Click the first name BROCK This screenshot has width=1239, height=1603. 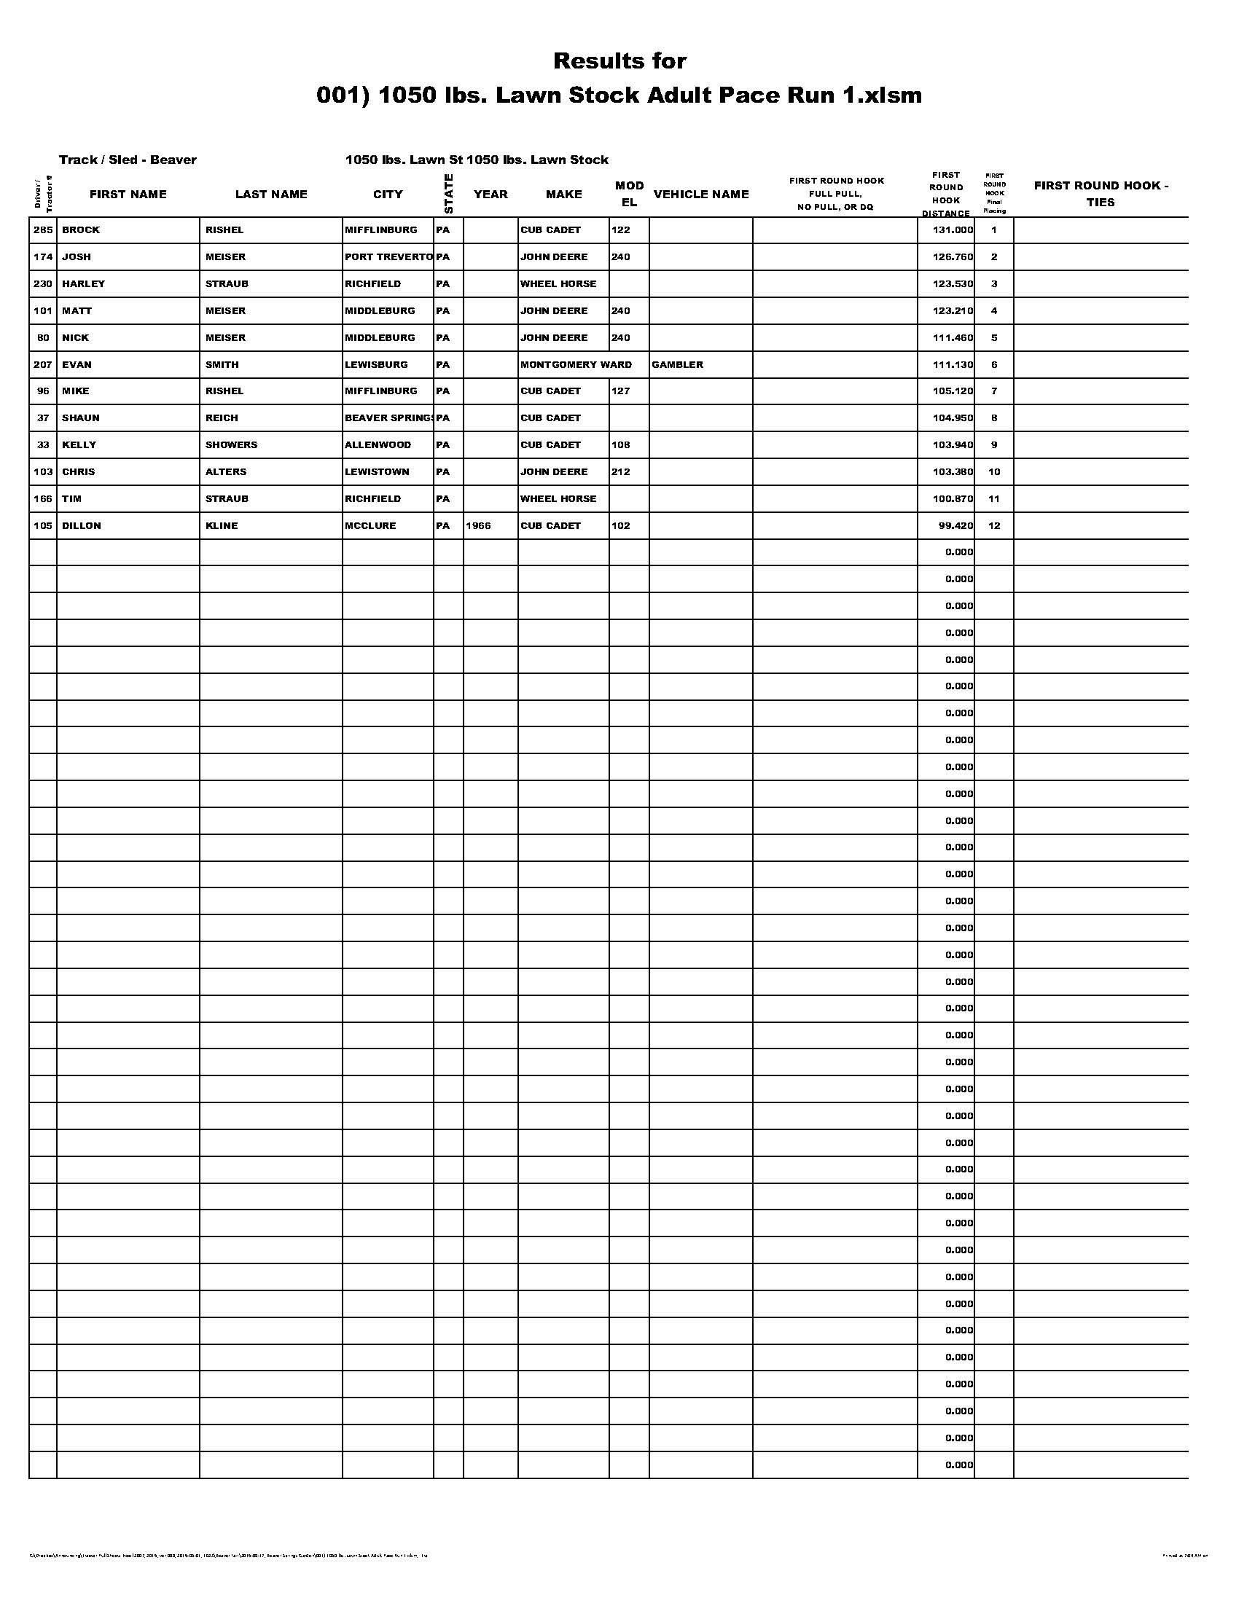tap(81, 230)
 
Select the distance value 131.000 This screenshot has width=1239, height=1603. tap(953, 230)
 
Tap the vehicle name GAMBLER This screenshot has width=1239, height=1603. tap(677, 365)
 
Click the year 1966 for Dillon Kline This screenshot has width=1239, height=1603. tap(478, 525)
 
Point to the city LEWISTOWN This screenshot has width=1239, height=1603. tap(377, 472)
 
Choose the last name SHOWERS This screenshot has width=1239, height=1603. tap(231, 444)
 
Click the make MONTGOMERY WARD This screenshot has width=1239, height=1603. tap(576, 365)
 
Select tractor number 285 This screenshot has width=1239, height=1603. tap(43, 230)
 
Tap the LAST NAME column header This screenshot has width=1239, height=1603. tap(271, 195)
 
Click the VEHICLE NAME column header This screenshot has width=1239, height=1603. tap(701, 195)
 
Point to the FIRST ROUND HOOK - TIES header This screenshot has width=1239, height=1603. tap(1101, 194)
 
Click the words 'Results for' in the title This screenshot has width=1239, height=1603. tap(619, 61)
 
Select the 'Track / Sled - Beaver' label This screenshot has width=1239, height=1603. tap(128, 160)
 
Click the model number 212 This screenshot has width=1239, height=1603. tap(620, 472)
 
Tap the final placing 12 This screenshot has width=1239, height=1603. tap(994, 525)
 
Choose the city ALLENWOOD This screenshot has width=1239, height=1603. tap(378, 444)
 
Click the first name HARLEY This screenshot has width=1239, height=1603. tap(83, 284)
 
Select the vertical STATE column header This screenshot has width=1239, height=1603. tap(448, 194)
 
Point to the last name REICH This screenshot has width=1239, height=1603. tap(222, 418)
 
